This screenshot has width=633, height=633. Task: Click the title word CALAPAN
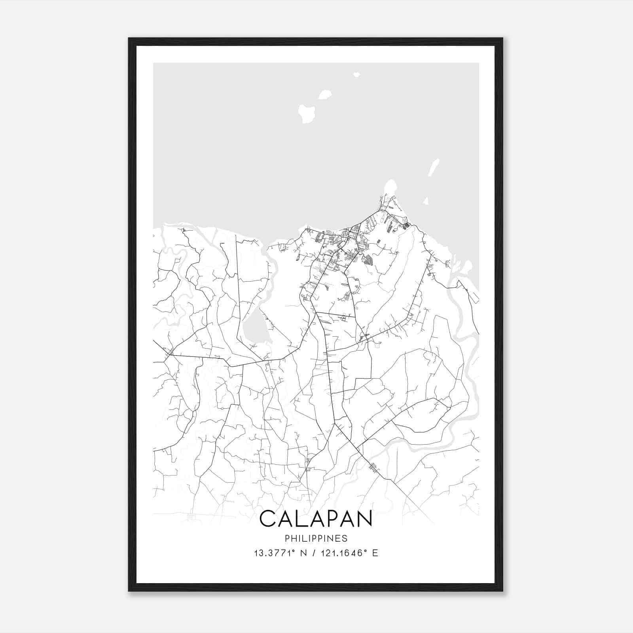(316, 519)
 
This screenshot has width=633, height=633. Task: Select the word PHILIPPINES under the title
(316, 538)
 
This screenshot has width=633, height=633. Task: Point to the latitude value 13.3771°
(275, 553)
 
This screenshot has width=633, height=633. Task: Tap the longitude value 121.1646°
(343, 553)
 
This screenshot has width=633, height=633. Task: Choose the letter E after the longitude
(375, 553)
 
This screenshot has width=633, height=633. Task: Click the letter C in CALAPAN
(268, 519)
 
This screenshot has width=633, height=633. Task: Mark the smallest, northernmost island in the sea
(356, 74)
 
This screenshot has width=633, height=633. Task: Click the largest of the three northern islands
(306, 113)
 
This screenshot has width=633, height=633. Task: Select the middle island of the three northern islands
(325, 95)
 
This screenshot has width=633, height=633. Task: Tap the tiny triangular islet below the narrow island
(426, 202)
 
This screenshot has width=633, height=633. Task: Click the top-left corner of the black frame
(129, 39)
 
